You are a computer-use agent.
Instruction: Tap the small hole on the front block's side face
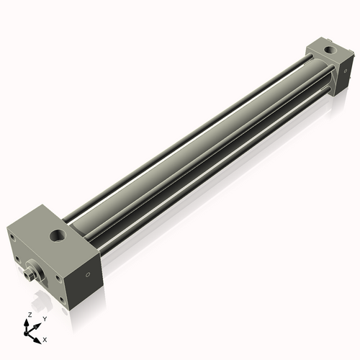click(x=88, y=274)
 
